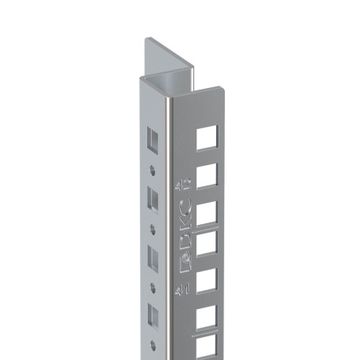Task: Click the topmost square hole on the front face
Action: coord(208,138)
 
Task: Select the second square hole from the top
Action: coord(208,176)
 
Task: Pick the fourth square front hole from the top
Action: coord(208,245)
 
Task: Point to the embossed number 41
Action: coord(181,288)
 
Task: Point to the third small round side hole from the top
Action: coord(154,286)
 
